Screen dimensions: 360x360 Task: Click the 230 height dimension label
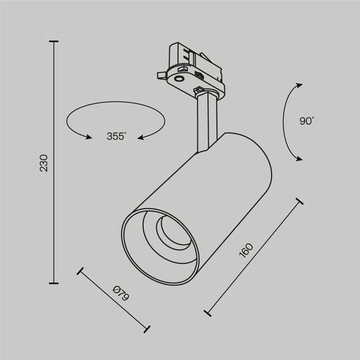tap(44, 164)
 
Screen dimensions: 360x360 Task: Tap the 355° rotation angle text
tap(116, 135)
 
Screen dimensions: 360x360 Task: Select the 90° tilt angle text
tap(308, 120)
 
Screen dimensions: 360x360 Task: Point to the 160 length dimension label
tap(246, 251)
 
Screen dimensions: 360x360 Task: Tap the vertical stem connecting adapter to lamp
tap(206, 120)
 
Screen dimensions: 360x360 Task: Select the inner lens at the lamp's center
tap(169, 230)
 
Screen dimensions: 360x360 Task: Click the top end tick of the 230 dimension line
tap(54, 42)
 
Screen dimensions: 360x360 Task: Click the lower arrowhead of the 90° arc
tap(296, 159)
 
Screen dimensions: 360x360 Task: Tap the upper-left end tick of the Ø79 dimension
tap(80, 272)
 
